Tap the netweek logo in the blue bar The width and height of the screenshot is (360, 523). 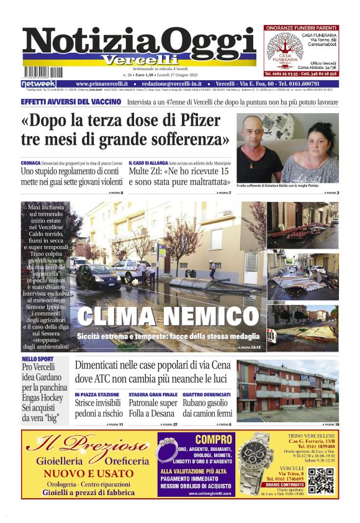(38, 84)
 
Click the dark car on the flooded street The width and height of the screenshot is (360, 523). (98, 276)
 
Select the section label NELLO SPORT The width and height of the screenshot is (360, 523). (37, 359)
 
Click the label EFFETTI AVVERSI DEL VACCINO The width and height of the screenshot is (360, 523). (70, 101)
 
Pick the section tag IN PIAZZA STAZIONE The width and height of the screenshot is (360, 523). (97, 394)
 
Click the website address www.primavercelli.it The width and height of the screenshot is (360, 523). (102, 84)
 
